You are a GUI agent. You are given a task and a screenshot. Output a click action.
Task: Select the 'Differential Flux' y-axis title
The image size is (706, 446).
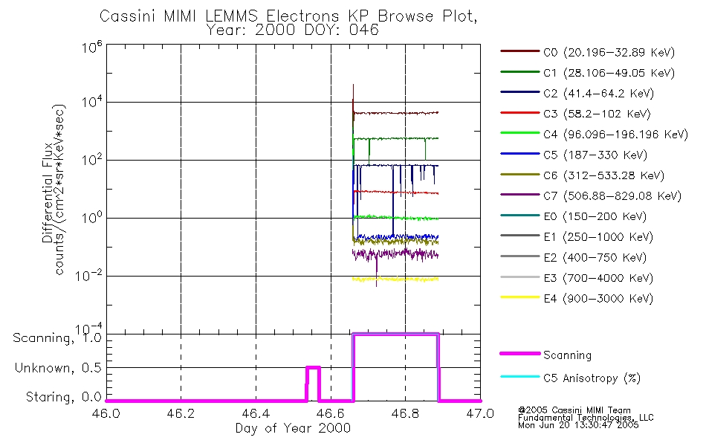(47, 190)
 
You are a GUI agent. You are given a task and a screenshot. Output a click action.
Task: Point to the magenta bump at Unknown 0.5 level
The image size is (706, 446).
(313, 367)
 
